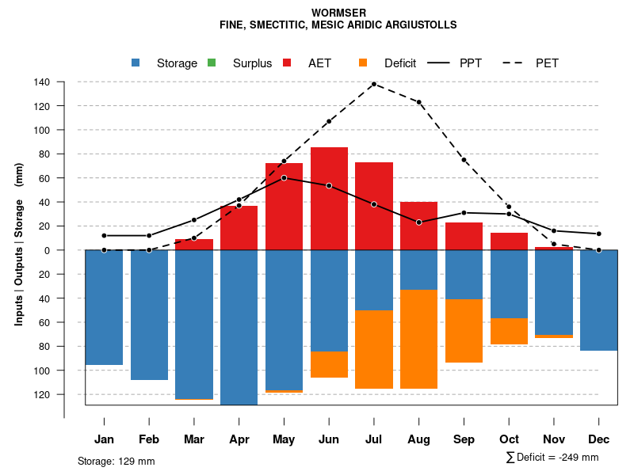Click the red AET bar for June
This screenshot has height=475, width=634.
click(329, 199)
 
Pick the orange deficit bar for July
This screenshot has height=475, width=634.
click(374, 349)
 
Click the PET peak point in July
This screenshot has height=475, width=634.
click(374, 84)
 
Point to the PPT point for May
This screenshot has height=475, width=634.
click(284, 177)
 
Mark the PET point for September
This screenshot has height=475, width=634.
click(464, 160)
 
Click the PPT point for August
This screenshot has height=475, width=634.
click(419, 222)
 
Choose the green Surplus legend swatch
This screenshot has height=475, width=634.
click(212, 63)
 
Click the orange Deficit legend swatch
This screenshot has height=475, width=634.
click(363, 63)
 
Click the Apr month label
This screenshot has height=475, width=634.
click(239, 439)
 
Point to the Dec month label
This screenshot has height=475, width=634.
click(599, 439)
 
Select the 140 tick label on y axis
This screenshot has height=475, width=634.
click(42, 82)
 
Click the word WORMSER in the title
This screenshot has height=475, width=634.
click(338, 13)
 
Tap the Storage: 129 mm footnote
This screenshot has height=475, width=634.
click(116, 461)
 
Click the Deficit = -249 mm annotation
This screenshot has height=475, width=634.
click(552, 458)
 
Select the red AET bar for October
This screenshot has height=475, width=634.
click(510, 241)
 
